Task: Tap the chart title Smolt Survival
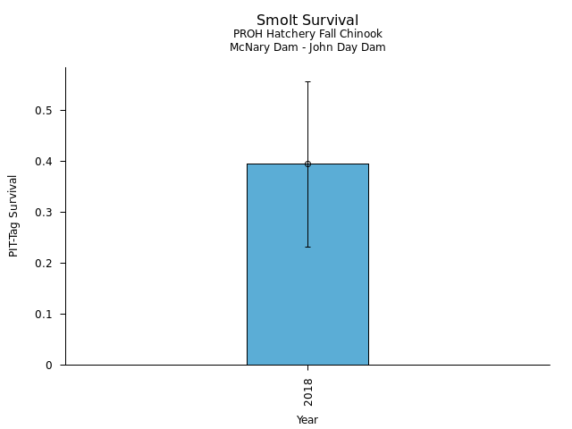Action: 307,20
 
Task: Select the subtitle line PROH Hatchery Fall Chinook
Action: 307,34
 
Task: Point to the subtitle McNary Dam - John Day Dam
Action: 307,47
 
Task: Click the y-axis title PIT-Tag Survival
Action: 13,215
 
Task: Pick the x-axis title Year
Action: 307,419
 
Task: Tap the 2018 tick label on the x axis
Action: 307,391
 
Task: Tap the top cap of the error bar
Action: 307,81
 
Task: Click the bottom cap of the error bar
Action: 307,247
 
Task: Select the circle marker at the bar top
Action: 307,164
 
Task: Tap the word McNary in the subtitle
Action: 248,47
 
